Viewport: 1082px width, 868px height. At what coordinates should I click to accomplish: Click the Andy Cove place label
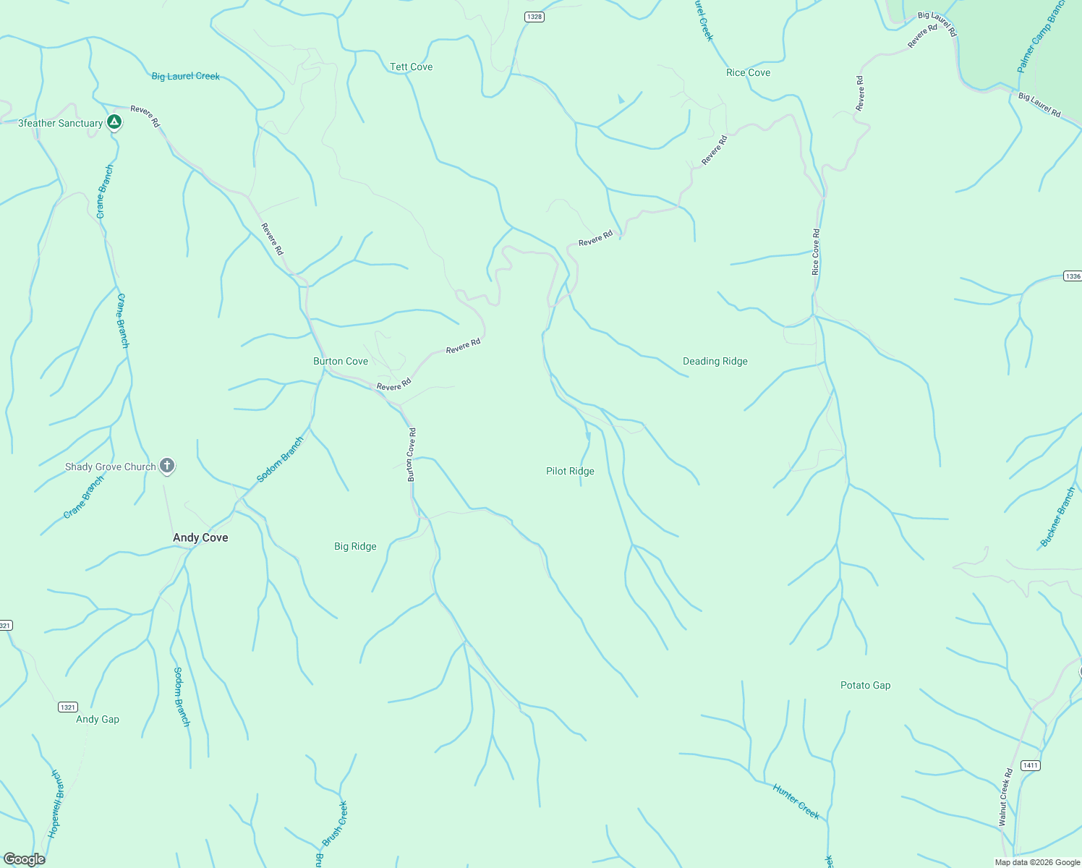(200, 537)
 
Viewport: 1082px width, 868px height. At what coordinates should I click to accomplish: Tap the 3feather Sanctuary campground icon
(114, 122)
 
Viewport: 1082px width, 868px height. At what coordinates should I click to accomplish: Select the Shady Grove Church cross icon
(167, 466)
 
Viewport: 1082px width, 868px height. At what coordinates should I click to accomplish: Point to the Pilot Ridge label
(570, 471)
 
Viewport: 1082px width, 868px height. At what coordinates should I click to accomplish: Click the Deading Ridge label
(715, 361)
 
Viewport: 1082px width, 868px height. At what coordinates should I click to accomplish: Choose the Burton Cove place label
(341, 361)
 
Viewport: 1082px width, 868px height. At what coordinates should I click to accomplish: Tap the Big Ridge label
(355, 546)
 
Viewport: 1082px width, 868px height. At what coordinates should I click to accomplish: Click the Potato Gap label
(865, 685)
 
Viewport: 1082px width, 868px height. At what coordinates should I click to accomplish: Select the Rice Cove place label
(748, 72)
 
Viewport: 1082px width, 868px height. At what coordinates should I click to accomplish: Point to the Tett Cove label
(411, 67)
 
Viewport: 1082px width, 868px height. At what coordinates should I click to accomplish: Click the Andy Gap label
(98, 719)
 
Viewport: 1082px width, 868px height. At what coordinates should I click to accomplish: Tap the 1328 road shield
(534, 17)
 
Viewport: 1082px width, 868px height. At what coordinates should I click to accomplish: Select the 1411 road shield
(1030, 765)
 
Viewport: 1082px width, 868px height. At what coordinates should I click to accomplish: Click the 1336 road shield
(1073, 276)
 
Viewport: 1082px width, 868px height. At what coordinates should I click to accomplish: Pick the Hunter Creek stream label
(796, 801)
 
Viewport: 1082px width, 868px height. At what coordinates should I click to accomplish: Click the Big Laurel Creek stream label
(186, 76)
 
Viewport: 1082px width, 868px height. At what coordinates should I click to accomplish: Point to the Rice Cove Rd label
(816, 252)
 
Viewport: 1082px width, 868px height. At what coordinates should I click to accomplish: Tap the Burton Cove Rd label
(412, 455)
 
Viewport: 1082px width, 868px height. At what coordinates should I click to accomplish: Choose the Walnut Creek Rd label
(1005, 797)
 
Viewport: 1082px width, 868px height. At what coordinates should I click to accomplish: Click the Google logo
(25, 859)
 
